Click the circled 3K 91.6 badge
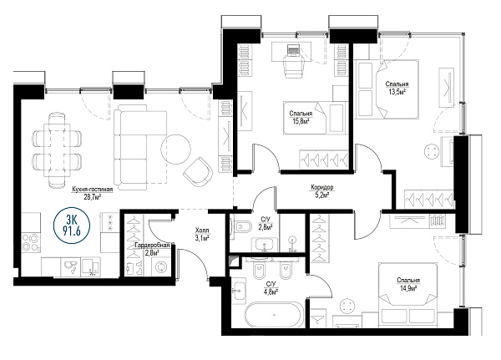[x=72, y=226]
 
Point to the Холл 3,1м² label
[x=202, y=234]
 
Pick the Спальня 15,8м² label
[x=301, y=117]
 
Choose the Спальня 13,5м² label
[x=397, y=88]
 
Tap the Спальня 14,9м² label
[x=408, y=284]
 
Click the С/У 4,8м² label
[x=271, y=287]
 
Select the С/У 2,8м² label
[x=266, y=223]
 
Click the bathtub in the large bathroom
[x=275, y=315]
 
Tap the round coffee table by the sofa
[x=176, y=150]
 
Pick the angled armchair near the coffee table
[x=198, y=173]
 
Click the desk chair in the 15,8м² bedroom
[x=293, y=65]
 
